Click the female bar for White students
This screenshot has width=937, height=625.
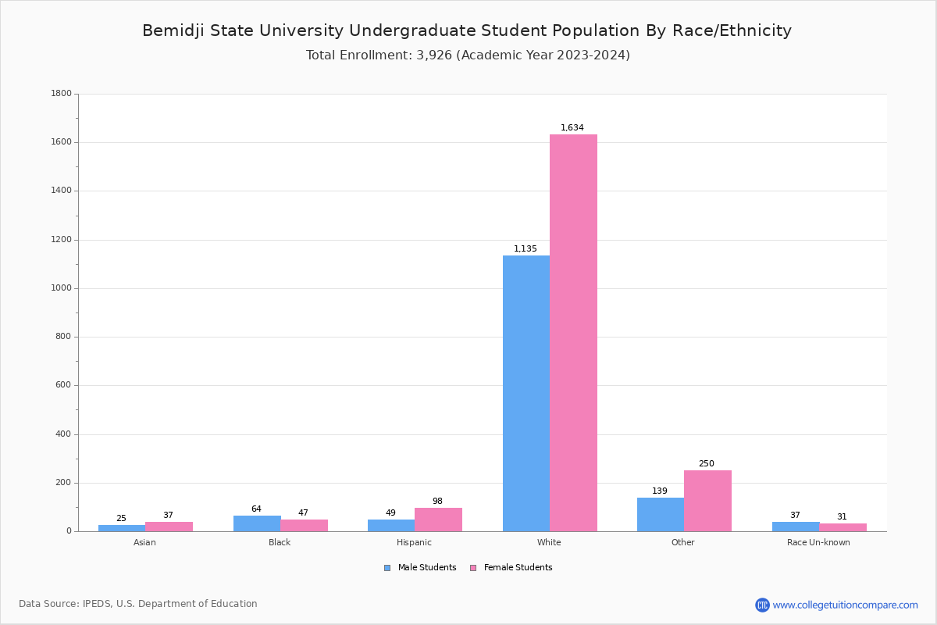[573, 333]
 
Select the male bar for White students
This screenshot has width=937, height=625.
[526, 393]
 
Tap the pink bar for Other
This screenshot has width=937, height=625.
[707, 501]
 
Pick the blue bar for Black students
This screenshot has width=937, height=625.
[257, 523]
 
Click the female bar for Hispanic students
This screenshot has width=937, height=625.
[438, 520]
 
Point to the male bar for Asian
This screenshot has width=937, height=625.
[122, 528]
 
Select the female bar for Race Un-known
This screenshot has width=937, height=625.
[843, 527]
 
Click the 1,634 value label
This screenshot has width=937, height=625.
[572, 127]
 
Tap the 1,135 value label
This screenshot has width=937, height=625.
[526, 248]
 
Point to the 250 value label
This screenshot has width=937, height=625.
[707, 463]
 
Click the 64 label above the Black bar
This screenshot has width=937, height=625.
[256, 509]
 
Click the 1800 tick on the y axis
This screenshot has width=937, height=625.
[62, 94]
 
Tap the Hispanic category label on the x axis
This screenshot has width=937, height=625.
[414, 542]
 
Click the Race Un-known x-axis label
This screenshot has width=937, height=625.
[818, 542]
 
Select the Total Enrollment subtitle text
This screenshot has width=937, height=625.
[468, 55]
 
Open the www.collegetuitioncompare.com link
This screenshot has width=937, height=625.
[845, 605]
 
